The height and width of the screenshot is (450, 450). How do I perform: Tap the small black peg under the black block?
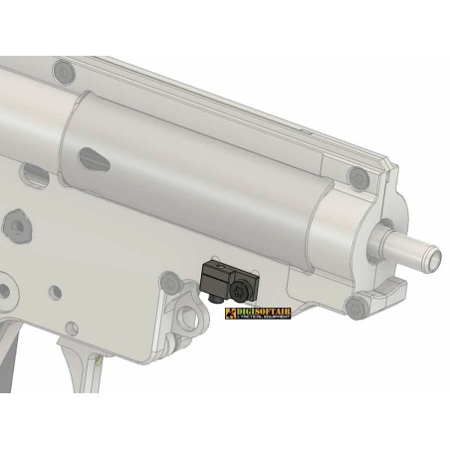coord(213,296)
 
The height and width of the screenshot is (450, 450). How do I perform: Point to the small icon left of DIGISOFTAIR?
coord(232,315)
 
